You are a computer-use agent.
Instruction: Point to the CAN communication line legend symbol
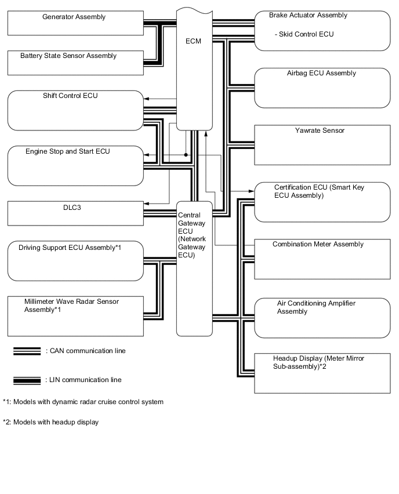click(x=26, y=351)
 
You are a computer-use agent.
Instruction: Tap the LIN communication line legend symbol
click(x=26, y=380)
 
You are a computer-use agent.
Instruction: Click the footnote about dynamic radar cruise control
click(x=83, y=402)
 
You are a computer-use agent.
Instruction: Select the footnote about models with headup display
click(x=50, y=422)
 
